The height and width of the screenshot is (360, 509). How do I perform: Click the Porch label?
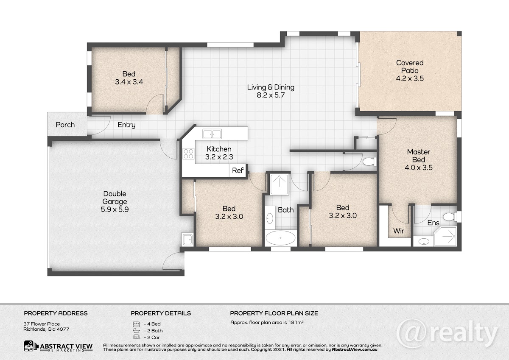click(x=65, y=125)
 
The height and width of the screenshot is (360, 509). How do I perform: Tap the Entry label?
click(x=126, y=125)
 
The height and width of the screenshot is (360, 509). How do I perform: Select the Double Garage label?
click(x=115, y=198)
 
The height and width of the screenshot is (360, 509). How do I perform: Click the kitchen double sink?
click(x=212, y=134)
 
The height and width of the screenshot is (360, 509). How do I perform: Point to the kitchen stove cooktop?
click(x=189, y=153)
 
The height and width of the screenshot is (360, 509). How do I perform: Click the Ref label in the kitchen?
click(x=238, y=170)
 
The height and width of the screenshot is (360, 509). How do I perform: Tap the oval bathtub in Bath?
click(x=281, y=238)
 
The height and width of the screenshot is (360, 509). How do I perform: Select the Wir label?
click(x=399, y=231)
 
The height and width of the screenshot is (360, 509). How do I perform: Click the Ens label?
click(x=433, y=223)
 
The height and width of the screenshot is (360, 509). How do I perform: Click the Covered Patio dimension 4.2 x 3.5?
click(x=410, y=78)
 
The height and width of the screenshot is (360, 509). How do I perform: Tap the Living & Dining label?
click(x=271, y=87)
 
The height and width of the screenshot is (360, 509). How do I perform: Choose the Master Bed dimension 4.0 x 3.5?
click(x=419, y=167)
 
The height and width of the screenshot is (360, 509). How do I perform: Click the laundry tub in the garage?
click(x=187, y=240)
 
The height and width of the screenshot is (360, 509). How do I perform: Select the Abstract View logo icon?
click(x=30, y=346)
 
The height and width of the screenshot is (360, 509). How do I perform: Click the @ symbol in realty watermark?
click(x=411, y=333)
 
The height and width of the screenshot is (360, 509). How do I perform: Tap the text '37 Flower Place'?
click(x=42, y=324)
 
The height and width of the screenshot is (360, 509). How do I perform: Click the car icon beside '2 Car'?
click(x=136, y=337)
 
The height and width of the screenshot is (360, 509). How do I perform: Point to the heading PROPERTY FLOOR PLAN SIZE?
click(x=274, y=313)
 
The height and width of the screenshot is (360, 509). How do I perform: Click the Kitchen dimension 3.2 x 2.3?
click(x=219, y=157)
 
